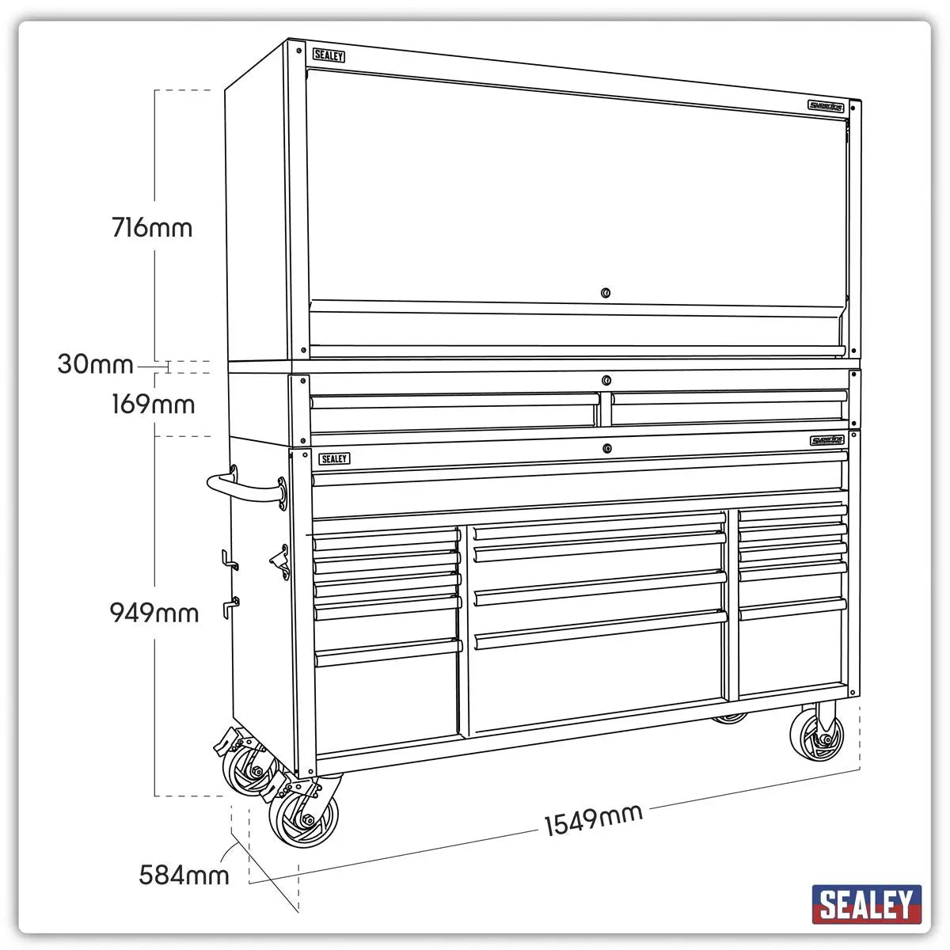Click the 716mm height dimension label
[153, 228]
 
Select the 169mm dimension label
[153, 405]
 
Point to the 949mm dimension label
[154, 613]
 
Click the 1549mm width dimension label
[593, 819]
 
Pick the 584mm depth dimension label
[184, 875]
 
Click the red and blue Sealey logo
[866, 903]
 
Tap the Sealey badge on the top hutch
[329, 55]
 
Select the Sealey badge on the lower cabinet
[334, 459]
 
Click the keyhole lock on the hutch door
[606, 293]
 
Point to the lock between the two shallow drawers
[606, 379]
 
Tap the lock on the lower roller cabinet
[607, 449]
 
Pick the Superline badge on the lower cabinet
[827, 441]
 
